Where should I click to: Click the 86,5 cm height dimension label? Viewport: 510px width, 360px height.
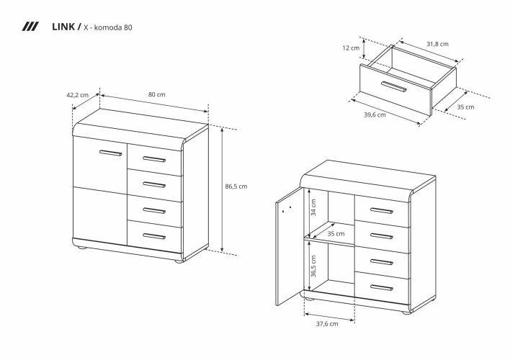click(236, 186)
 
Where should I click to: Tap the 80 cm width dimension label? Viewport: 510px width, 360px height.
click(157, 94)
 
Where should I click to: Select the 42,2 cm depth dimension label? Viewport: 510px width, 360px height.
click(77, 95)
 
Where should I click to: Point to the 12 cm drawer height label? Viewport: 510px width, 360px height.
click(351, 48)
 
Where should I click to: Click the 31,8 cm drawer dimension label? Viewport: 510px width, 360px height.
click(437, 44)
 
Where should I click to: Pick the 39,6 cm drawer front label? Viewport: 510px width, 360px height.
click(375, 114)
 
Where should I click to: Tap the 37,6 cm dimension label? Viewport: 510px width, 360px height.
click(327, 324)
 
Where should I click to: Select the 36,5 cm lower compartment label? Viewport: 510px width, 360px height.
click(313, 266)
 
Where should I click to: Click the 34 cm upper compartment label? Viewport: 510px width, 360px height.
click(313, 207)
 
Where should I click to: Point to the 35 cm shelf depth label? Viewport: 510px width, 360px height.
click(336, 234)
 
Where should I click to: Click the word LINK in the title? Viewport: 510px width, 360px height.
click(63, 27)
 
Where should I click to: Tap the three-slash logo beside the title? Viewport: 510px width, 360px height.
click(30, 27)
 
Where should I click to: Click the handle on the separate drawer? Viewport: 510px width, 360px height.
click(394, 86)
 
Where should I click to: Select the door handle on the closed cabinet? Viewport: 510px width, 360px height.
click(111, 153)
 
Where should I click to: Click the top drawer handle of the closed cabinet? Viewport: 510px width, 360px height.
click(154, 159)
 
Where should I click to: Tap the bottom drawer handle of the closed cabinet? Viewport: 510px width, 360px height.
click(154, 236)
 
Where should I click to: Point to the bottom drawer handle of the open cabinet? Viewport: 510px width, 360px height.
click(382, 288)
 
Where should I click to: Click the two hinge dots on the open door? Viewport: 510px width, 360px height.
click(287, 209)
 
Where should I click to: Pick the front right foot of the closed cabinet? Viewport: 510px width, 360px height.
click(179, 261)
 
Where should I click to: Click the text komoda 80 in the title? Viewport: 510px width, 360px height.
click(112, 27)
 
